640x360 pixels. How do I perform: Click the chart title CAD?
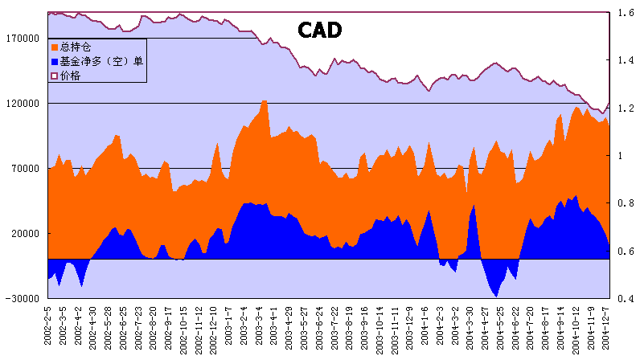[x=320, y=31]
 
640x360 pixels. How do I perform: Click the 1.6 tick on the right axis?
[x=623, y=12]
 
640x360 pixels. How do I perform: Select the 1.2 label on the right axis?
[x=623, y=108]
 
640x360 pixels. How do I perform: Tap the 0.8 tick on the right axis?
[x=623, y=203]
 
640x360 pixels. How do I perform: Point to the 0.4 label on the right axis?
[x=623, y=299]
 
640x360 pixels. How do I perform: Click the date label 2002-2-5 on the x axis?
[x=49, y=329]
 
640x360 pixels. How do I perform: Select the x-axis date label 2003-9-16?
[x=365, y=329]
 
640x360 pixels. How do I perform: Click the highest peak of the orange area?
[x=264, y=101]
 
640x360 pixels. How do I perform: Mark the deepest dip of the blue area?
[x=496, y=297]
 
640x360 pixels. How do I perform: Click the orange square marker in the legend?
[x=54, y=47]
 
